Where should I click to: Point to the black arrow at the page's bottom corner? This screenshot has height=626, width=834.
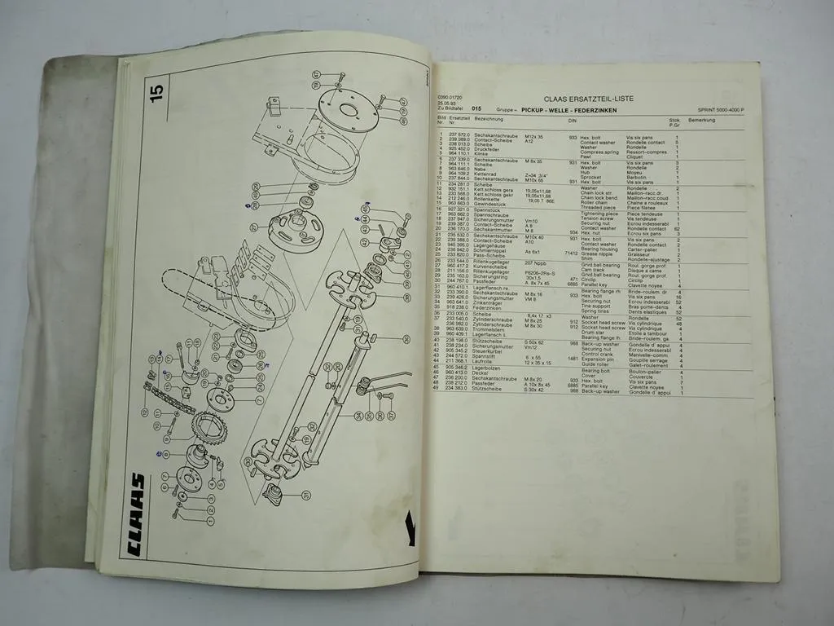(x=410, y=528)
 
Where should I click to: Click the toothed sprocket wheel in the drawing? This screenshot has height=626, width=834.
(x=209, y=428)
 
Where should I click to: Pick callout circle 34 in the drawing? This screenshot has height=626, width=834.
(x=358, y=417)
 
